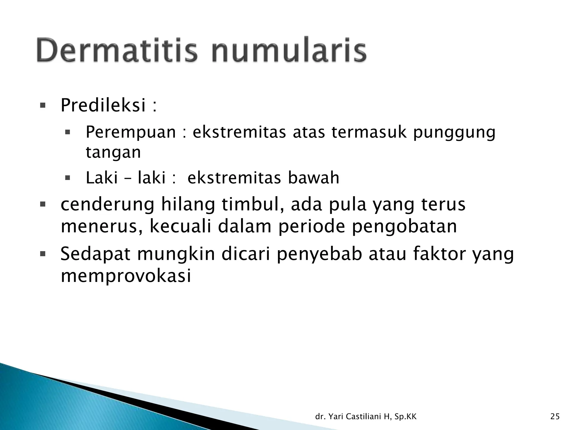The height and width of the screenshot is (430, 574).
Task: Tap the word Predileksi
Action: coord(103,106)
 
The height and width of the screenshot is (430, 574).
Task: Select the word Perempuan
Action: coord(131,132)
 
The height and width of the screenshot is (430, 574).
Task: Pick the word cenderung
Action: coord(107,204)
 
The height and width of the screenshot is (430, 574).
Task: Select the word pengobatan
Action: coord(404,227)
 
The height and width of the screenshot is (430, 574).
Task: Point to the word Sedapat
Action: coord(95,254)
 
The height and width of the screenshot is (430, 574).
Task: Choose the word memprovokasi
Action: coord(126,276)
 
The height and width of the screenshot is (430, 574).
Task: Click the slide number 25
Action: coord(555,417)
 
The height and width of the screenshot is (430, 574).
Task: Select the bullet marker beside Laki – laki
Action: coord(67,178)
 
